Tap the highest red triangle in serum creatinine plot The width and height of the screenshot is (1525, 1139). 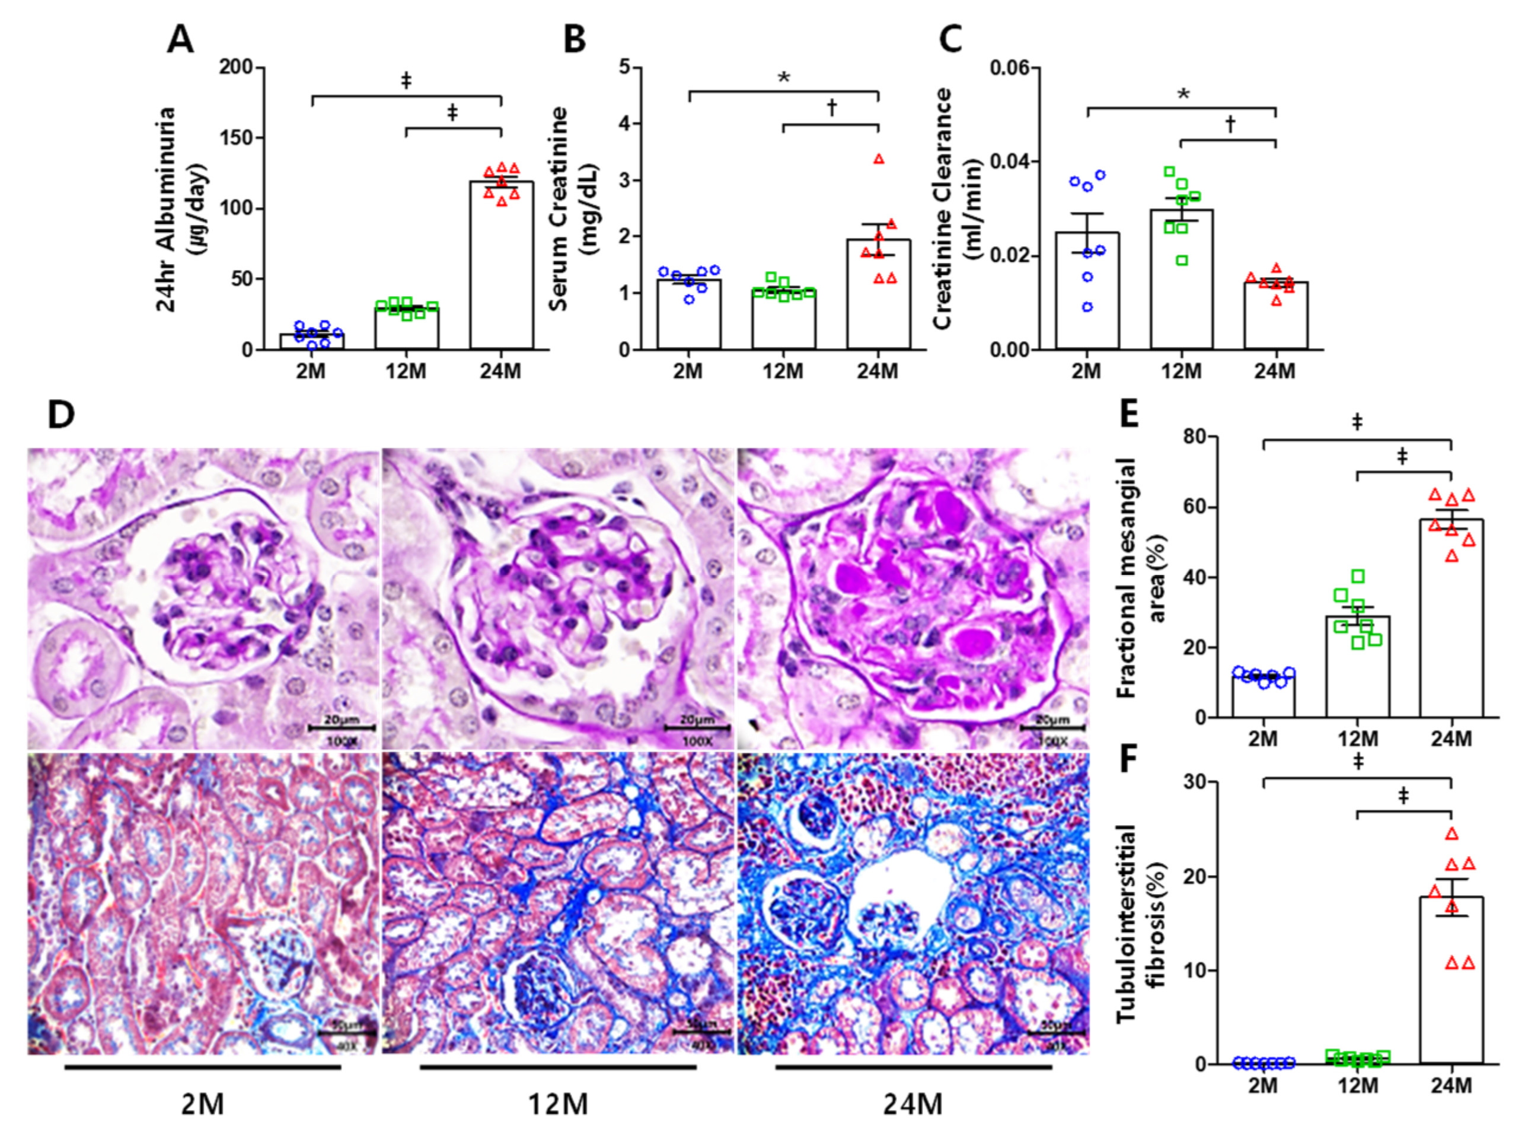(879, 159)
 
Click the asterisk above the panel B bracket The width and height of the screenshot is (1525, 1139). (783, 78)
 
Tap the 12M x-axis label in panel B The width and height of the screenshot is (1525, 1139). (783, 371)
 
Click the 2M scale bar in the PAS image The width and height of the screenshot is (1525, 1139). (340, 727)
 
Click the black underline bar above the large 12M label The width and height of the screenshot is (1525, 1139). (557, 1067)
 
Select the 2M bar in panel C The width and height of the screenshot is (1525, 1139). (1087, 290)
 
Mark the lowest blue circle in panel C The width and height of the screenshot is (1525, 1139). (1087, 307)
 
